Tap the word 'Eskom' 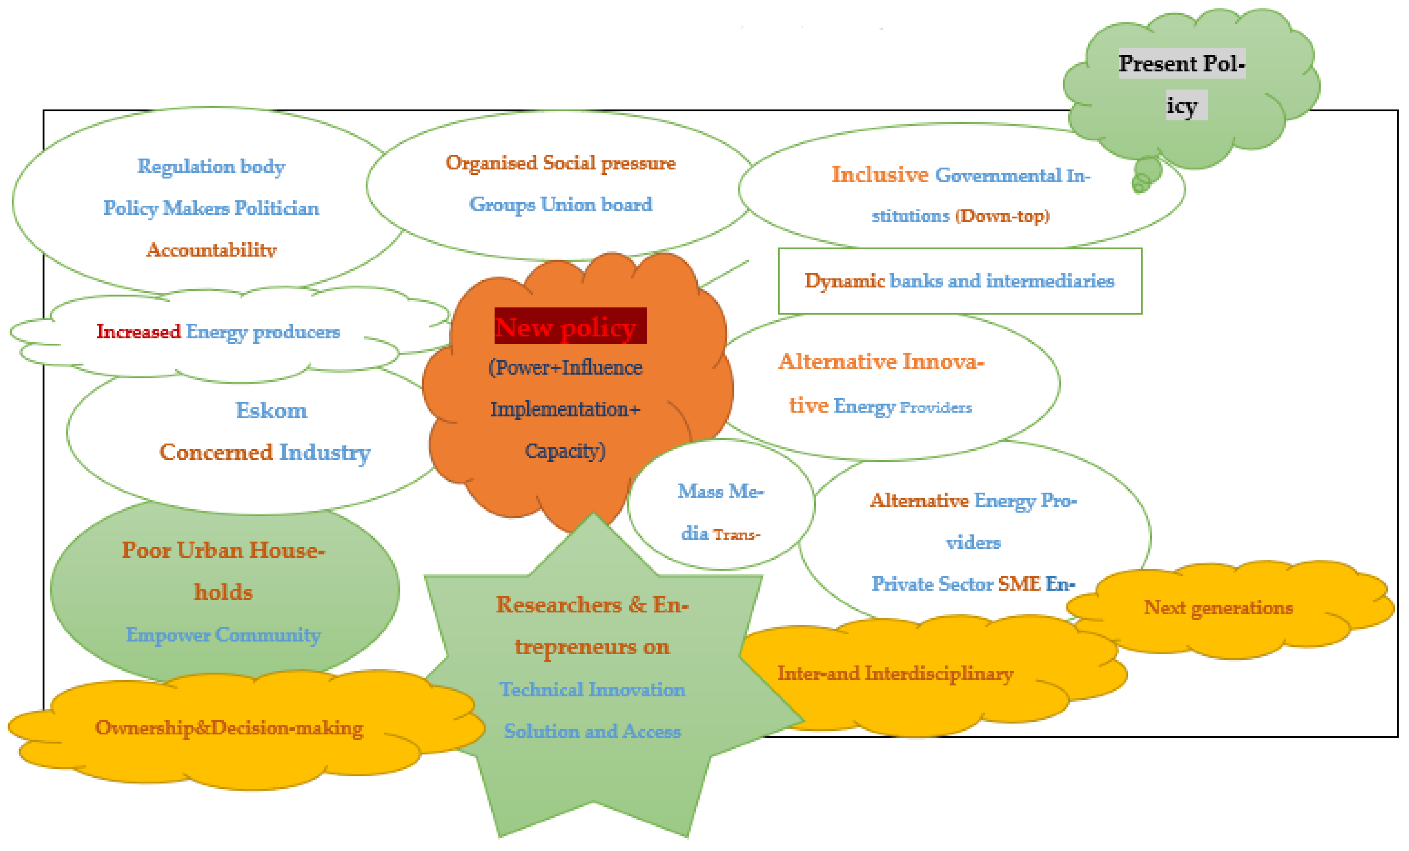(271, 411)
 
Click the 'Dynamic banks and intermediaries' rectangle (959, 281)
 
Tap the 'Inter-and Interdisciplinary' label (895, 673)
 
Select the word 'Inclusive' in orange (880, 175)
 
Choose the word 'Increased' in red (138, 332)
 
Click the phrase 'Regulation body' (211, 167)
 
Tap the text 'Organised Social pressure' (560, 163)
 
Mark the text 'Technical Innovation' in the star (593, 689)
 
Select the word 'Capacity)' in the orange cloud (565, 451)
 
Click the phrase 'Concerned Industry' (265, 452)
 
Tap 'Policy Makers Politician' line (211, 208)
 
